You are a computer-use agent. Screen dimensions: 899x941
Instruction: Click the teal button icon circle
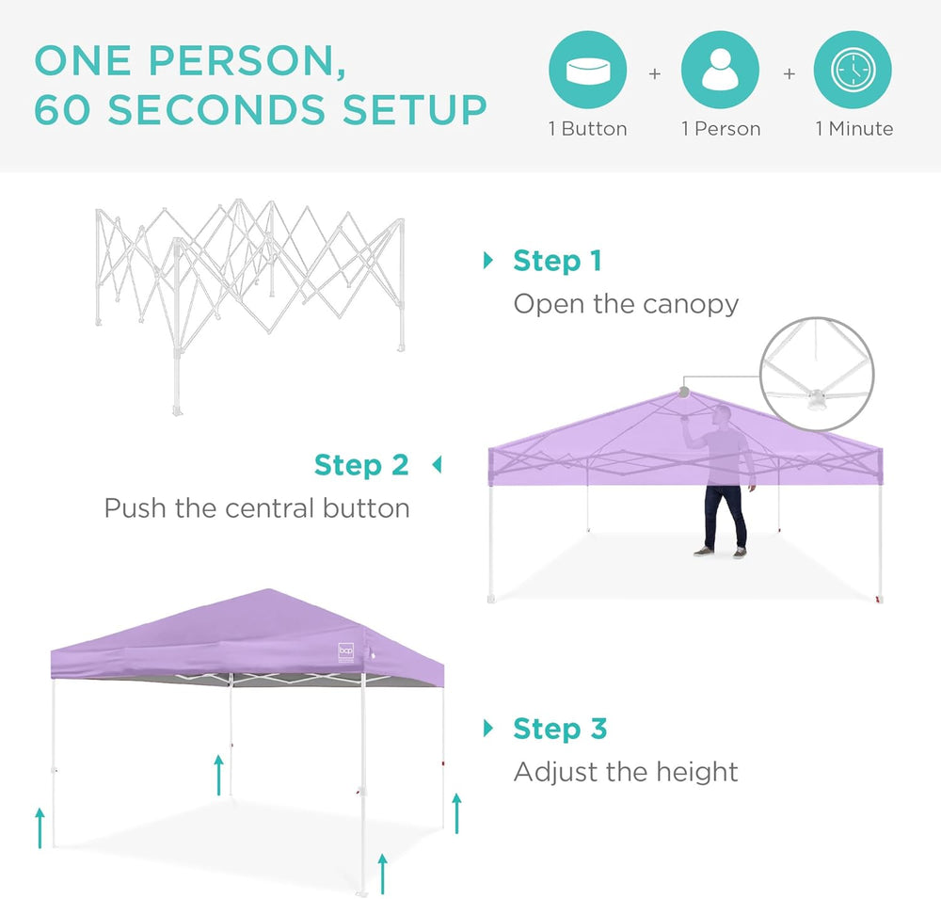pos(587,70)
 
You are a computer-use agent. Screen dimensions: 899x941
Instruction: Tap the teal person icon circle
pos(720,70)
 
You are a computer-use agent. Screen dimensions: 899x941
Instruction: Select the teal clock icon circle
pos(853,70)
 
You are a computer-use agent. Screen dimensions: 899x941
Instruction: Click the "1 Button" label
pos(587,129)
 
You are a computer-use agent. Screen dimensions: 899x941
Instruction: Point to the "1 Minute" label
pos(853,129)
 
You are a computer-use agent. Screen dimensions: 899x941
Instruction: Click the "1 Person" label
pos(721,129)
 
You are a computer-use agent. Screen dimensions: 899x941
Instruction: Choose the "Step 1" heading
pos(556,261)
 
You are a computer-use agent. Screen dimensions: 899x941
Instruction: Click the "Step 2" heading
pos(361,465)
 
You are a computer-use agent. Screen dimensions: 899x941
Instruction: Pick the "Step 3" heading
pos(560,729)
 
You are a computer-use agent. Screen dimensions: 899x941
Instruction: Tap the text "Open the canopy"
pos(626,304)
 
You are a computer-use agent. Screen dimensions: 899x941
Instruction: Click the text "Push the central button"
pos(257,508)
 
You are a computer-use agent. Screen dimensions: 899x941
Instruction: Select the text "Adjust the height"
pos(626,773)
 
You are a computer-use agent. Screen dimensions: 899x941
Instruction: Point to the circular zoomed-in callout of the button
pos(818,374)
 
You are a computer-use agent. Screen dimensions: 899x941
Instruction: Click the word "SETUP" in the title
pos(414,110)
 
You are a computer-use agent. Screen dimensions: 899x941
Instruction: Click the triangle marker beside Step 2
pos(436,465)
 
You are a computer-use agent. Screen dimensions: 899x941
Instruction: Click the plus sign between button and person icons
pos(654,73)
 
